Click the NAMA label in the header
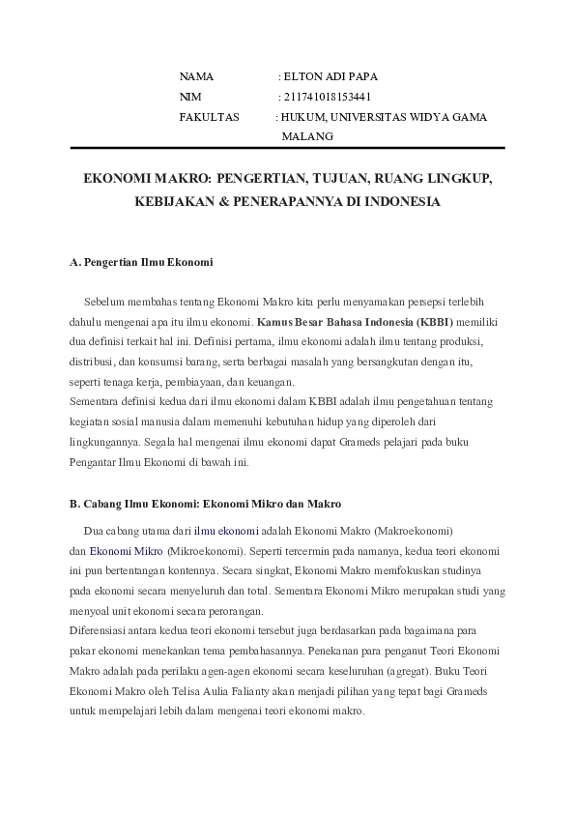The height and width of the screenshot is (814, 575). click(196, 75)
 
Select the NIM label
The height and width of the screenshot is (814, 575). click(190, 97)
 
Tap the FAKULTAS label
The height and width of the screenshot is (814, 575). click(209, 117)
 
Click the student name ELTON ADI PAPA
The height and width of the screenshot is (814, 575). click(328, 75)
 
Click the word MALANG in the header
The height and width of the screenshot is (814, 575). click(307, 136)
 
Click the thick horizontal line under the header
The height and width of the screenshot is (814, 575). click(287, 148)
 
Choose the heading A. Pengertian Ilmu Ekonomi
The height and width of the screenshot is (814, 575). click(141, 262)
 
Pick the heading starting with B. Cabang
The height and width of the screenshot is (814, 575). click(206, 504)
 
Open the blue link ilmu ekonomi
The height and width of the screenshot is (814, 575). click(226, 531)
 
